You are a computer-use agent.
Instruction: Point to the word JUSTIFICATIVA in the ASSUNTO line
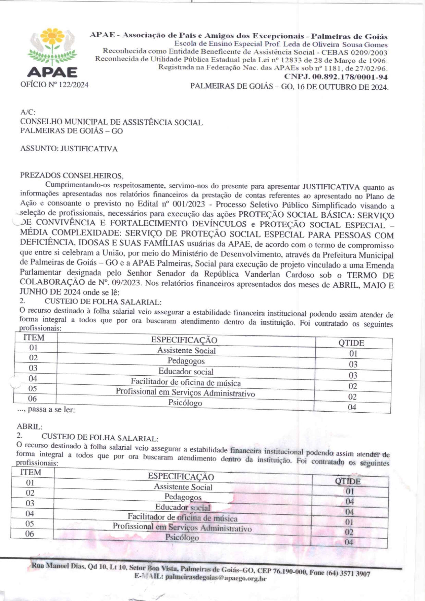point(89,149)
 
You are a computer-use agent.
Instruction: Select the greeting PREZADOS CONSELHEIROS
point(72,176)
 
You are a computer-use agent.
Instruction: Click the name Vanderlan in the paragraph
point(262,274)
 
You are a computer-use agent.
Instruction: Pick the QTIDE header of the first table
point(351,343)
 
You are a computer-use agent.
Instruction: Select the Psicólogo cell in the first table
point(185,403)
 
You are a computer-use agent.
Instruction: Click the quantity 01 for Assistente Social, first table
point(353,354)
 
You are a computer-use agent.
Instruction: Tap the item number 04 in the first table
point(33,379)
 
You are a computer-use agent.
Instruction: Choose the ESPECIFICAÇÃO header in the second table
point(181,477)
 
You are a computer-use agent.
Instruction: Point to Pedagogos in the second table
point(183,497)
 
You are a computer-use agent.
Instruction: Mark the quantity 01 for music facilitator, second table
point(349,522)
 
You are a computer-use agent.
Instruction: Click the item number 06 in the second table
point(29,534)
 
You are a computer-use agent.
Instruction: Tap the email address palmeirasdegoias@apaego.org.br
point(216,578)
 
